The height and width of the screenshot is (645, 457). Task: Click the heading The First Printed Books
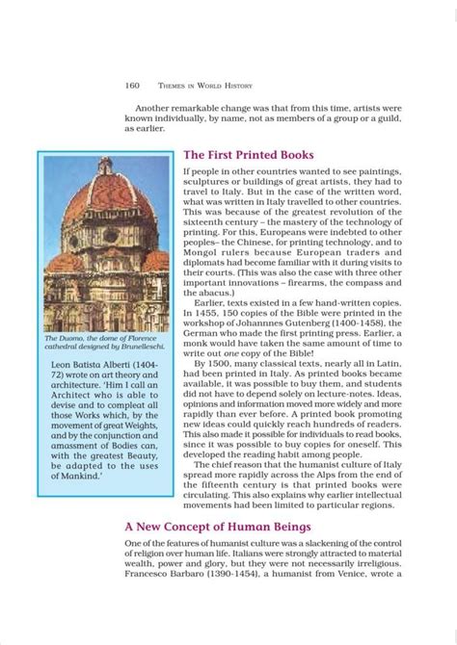point(248,154)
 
